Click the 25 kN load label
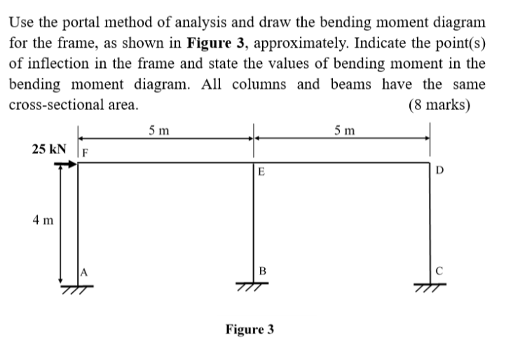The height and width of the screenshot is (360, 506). tap(50, 149)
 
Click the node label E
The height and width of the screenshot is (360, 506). tap(261, 172)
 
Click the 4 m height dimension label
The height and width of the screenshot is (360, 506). tap(42, 221)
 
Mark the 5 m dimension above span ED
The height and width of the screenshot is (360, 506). tap(345, 130)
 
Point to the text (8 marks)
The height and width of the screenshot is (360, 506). tap(439, 106)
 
